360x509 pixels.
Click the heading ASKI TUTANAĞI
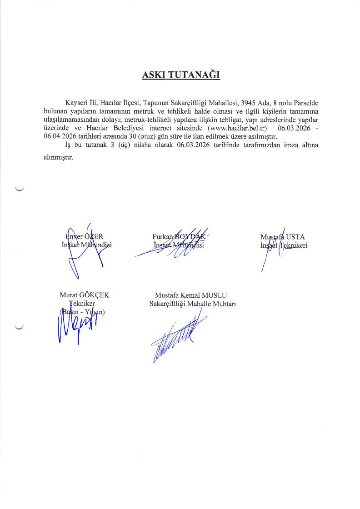tap(181, 75)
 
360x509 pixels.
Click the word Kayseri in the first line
tap(76, 103)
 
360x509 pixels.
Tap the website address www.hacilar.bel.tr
tap(236, 129)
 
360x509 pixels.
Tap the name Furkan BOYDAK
tap(179, 236)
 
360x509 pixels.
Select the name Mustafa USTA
tap(282, 237)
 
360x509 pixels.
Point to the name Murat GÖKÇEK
tap(84, 295)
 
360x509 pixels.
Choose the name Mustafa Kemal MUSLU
tap(187, 295)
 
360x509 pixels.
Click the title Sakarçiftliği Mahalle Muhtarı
tap(192, 304)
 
